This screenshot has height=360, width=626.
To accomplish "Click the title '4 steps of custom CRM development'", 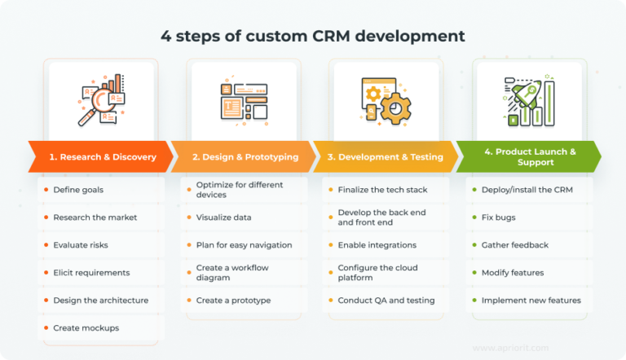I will tap(313, 36).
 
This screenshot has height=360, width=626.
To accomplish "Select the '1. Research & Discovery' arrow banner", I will tap(99, 156).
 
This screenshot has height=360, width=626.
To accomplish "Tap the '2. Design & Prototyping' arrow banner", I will tap(243, 156).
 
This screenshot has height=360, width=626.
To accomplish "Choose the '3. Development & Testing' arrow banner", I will tap(386, 156).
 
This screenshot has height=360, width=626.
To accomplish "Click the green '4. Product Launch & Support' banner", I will tap(528, 156).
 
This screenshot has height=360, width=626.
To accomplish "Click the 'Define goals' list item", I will tap(78, 190).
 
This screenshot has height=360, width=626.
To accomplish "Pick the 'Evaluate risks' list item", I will tap(81, 245).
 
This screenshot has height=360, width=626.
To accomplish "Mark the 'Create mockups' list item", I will tap(86, 327).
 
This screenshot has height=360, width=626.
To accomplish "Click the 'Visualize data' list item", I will tap(223, 217).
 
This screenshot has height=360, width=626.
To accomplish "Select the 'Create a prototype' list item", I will tap(233, 301).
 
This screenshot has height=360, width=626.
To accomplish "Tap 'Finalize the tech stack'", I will tap(382, 190).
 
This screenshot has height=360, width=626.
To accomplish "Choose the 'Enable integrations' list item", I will tap(377, 245).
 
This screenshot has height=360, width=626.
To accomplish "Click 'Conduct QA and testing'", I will tap(386, 301).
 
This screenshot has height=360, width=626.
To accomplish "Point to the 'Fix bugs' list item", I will tap(498, 217).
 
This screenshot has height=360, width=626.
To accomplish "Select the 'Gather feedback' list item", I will tap(514, 245).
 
